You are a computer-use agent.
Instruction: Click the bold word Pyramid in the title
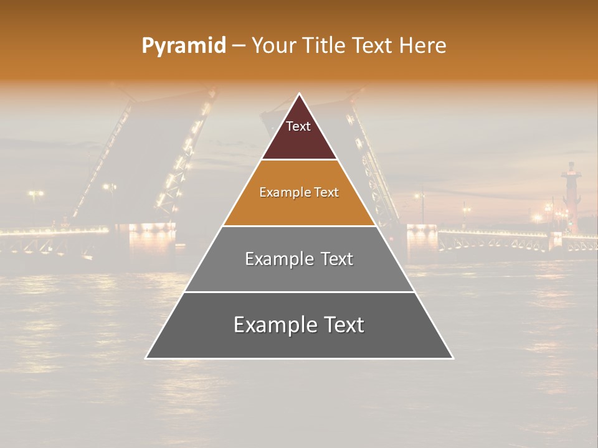click(183, 46)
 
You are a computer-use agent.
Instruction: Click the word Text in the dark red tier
click(298, 126)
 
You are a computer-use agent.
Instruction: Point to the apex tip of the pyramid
click(300, 95)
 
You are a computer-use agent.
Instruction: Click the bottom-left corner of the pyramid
click(146, 358)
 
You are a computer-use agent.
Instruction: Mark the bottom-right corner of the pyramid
click(453, 358)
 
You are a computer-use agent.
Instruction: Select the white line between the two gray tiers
click(299, 292)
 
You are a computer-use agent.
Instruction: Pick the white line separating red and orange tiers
click(299, 160)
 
